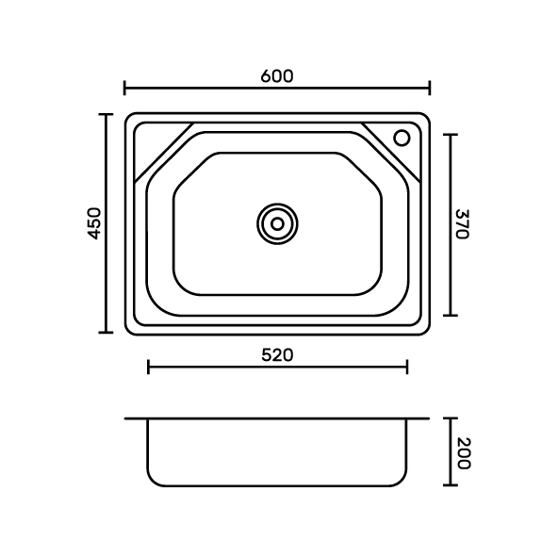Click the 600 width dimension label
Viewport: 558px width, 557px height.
click(x=277, y=76)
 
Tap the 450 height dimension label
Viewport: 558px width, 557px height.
click(x=94, y=223)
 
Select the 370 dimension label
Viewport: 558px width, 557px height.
click(x=463, y=224)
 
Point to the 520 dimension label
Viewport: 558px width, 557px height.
click(x=277, y=355)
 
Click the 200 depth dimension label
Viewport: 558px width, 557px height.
click(x=464, y=453)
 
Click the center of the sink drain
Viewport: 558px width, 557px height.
click(x=277, y=224)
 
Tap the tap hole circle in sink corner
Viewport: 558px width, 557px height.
click(x=402, y=138)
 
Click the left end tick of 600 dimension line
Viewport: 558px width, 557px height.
click(x=124, y=88)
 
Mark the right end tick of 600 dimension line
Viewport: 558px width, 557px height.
click(x=430, y=88)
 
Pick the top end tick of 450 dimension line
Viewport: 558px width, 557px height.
click(x=106, y=115)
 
